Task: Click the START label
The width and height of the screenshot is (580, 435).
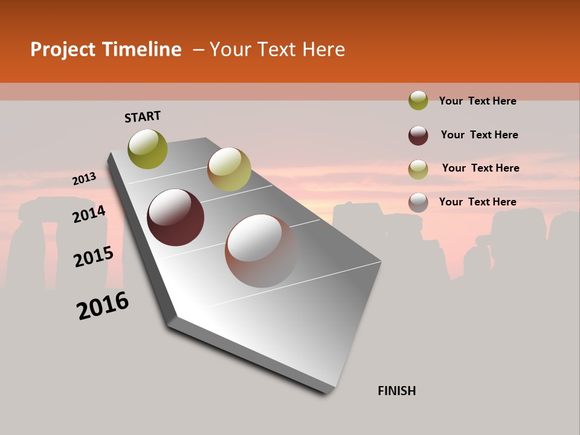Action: [x=143, y=117]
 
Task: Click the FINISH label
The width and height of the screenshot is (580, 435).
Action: [x=396, y=391]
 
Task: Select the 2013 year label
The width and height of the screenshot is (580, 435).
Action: [x=84, y=179]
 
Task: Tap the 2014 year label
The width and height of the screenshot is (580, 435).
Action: [x=89, y=214]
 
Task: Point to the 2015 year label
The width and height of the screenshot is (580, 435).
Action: [x=94, y=257]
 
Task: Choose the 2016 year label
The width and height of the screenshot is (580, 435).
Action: [x=103, y=306]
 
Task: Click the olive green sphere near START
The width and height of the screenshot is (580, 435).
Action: [x=147, y=149]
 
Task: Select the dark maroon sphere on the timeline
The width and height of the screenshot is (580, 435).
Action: [x=175, y=217]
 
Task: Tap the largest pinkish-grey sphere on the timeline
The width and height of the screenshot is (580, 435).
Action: [x=261, y=251]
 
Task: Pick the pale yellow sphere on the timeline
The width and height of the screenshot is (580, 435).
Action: [x=228, y=169]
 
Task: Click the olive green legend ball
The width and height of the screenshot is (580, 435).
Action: [x=418, y=100]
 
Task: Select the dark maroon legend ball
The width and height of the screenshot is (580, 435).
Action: [x=418, y=135]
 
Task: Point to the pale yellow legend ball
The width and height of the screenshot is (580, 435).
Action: [x=418, y=169]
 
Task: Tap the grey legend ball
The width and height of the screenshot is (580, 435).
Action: [x=418, y=202]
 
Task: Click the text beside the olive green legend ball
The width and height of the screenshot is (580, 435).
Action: [x=477, y=101]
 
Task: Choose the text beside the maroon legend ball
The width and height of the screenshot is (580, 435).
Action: [x=479, y=135]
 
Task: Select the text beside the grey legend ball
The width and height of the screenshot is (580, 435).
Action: [x=477, y=202]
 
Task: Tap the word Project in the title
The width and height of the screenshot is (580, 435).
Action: [x=62, y=50]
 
